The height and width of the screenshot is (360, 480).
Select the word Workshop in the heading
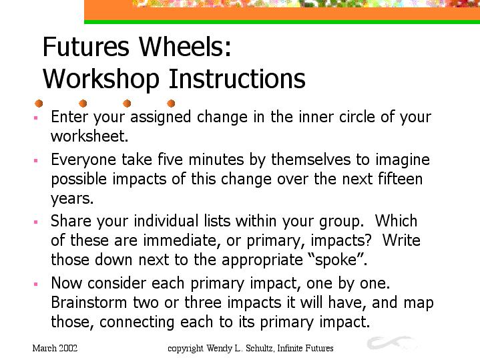click(101, 79)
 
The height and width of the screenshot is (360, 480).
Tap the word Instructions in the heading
click(237, 78)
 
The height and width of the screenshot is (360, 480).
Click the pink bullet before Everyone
click(36, 160)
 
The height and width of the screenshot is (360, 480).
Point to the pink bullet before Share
click(36, 222)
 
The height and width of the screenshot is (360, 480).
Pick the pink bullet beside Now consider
click(36, 284)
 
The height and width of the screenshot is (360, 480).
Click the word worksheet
click(89, 136)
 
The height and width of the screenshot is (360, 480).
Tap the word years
click(72, 199)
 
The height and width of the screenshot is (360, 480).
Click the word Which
click(396, 220)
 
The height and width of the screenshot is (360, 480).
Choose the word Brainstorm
click(89, 303)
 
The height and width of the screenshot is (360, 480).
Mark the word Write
click(401, 240)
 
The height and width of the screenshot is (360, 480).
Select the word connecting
click(137, 323)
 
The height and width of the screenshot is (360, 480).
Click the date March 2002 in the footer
click(55, 349)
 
